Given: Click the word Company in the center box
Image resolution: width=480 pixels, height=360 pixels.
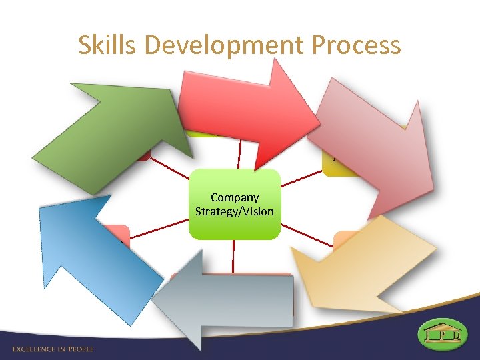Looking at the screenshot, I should pos(234,197).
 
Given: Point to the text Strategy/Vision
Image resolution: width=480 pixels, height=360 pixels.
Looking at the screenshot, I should pos(234,211).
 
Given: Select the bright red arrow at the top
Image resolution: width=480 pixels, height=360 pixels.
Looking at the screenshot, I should pos(247,107).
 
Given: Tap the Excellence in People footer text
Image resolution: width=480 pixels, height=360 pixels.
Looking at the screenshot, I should pos(53,349).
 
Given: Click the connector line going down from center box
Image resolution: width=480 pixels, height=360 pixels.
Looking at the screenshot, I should pos(233,256).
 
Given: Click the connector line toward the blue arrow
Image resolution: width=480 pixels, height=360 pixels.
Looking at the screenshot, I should pos(160,227).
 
